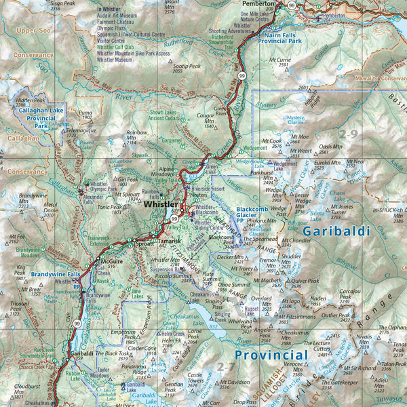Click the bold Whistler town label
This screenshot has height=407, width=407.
[x=160, y=204]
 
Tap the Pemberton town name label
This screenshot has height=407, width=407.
[x=259, y=4]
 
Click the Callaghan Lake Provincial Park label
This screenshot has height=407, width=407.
[x=41, y=117]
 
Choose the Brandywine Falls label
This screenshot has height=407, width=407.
[x=56, y=274]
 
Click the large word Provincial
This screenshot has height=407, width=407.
[x=271, y=355]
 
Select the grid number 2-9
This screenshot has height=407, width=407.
[x=350, y=134]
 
